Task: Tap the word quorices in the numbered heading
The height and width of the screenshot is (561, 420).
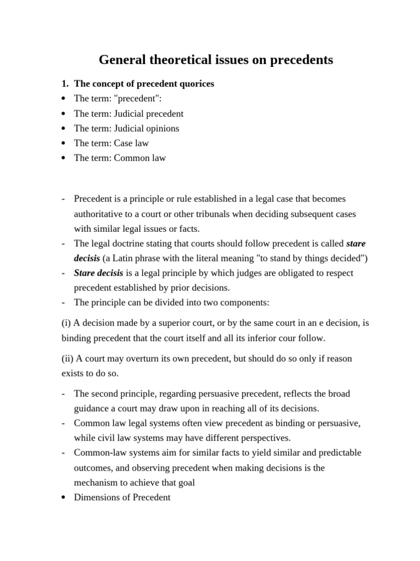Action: (196, 84)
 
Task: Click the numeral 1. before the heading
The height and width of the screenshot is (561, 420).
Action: (65, 84)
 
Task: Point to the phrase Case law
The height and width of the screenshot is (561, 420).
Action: (131, 143)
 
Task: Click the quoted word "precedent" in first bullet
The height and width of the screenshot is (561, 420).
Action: (134, 99)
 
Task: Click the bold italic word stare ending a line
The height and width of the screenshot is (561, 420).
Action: (356, 243)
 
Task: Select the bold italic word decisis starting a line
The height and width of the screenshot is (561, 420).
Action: (87, 257)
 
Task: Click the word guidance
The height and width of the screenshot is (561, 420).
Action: (91, 409)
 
